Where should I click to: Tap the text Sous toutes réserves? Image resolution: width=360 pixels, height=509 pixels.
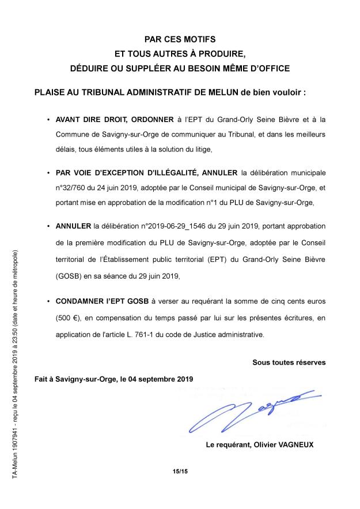(289, 362)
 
